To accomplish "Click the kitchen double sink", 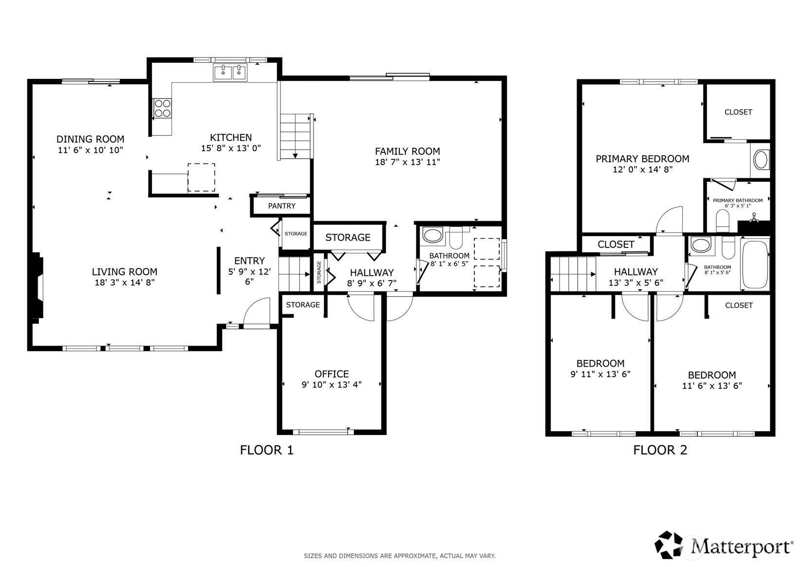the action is [x=230, y=73].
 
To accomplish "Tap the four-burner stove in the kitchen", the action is [x=162, y=108].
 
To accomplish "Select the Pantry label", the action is [x=282, y=206].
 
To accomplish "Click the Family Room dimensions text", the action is [x=408, y=162].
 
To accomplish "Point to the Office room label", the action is [x=332, y=374].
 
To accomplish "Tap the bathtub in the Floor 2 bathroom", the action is [x=755, y=264].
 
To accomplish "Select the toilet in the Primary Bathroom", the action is [x=723, y=221].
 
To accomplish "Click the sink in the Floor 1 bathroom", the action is [x=432, y=235].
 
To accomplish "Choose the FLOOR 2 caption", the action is [x=660, y=450].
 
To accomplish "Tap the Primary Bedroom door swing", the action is [x=669, y=219].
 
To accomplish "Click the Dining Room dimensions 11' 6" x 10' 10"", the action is [x=90, y=150].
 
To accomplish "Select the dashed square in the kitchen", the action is [x=201, y=177].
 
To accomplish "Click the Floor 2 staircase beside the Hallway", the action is [x=573, y=274].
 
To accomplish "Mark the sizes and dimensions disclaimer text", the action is [x=400, y=556].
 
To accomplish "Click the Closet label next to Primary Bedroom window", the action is [x=738, y=112].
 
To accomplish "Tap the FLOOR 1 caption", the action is [x=267, y=450].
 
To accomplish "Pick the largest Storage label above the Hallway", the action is [x=348, y=238].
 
